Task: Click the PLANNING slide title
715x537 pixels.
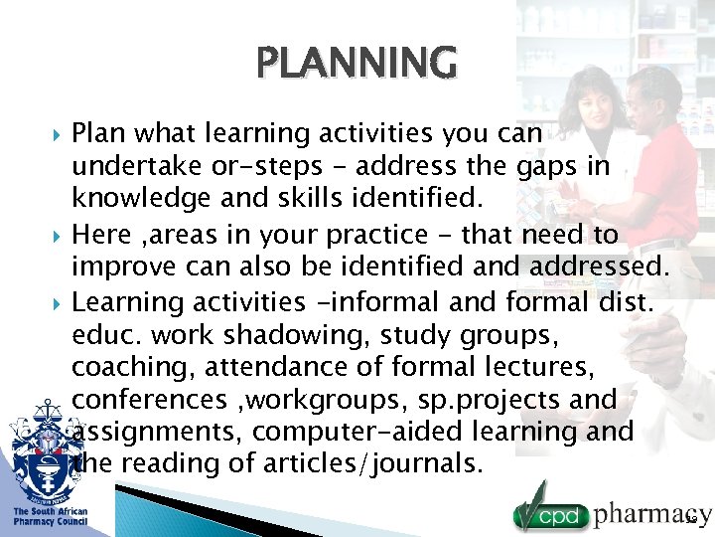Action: [357, 61]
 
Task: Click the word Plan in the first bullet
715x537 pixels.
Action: [98, 132]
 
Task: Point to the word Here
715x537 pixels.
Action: [101, 234]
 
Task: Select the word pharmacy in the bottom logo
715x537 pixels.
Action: [650, 514]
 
